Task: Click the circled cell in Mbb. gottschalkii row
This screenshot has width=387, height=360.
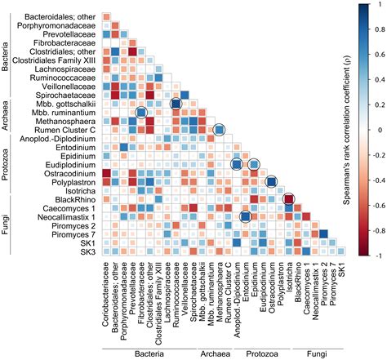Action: pos(176,104)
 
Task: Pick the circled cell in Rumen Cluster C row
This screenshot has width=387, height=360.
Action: pos(218,131)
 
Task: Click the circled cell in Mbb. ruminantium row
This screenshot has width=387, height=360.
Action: pos(140,113)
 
